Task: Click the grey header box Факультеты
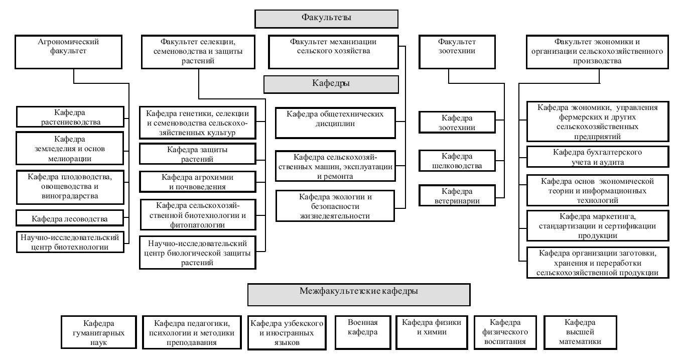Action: point(326,19)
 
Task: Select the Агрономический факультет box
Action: point(68,52)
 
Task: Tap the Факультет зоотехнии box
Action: point(457,52)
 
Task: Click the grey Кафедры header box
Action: point(331,84)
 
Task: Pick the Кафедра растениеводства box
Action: point(70,117)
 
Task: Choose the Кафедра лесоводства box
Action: point(70,218)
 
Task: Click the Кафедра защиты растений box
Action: point(198,154)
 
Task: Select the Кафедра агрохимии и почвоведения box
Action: point(198,182)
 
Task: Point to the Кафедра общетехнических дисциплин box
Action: point(335,123)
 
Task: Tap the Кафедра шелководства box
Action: point(457,161)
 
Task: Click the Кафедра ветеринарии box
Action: point(457,195)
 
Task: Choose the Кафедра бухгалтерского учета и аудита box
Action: point(598,157)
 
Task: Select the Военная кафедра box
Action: point(363,332)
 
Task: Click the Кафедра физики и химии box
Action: point(432,332)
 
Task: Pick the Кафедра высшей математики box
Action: point(580,332)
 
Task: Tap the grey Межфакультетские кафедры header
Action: point(359,295)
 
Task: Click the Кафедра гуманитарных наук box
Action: point(99,332)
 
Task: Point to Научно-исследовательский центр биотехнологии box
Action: point(70,242)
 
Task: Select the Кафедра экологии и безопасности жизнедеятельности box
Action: point(335,206)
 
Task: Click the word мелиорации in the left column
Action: point(70,159)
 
